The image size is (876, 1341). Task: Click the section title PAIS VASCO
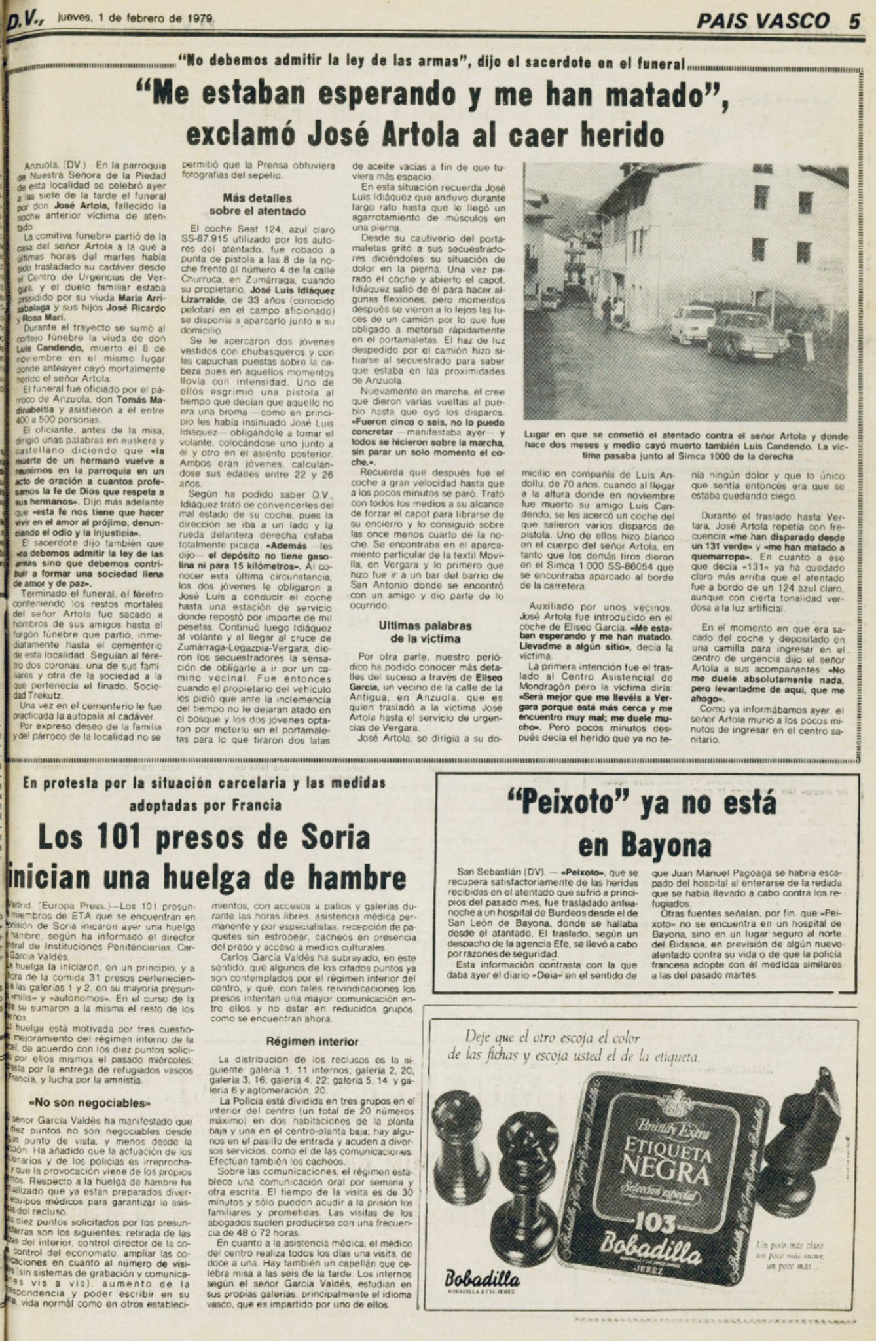763,21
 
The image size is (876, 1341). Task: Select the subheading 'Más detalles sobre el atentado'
257,204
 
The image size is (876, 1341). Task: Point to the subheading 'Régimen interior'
312,1041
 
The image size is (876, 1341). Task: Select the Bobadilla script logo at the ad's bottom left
482,1280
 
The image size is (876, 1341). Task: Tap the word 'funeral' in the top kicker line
661,64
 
